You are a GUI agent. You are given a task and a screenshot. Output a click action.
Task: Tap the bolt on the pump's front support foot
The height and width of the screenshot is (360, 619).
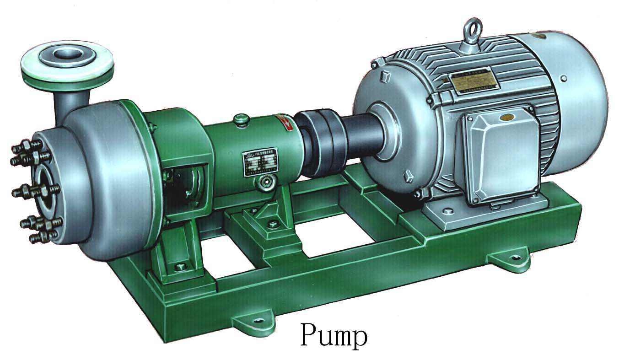point(181,266)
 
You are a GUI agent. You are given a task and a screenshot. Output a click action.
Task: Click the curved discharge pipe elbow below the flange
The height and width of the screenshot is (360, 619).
point(69,101)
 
